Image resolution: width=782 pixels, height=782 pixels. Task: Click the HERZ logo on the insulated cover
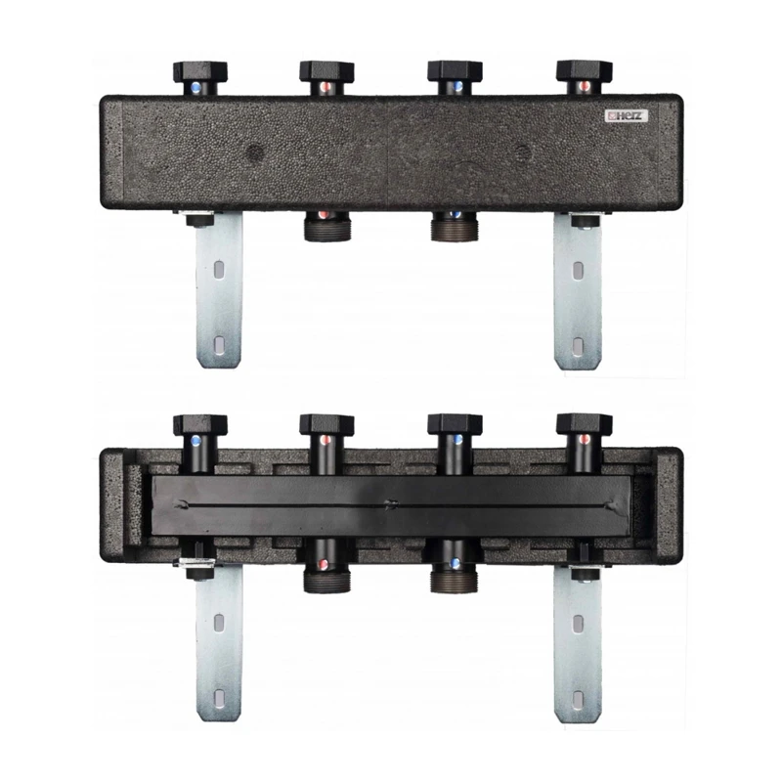(x=626, y=116)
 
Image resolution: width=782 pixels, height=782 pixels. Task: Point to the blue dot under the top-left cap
(x=196, y=88)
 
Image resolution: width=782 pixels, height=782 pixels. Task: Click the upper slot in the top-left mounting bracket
(x=219, y=270)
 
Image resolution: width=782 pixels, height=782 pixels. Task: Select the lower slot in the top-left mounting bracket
(x=219, y=345)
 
